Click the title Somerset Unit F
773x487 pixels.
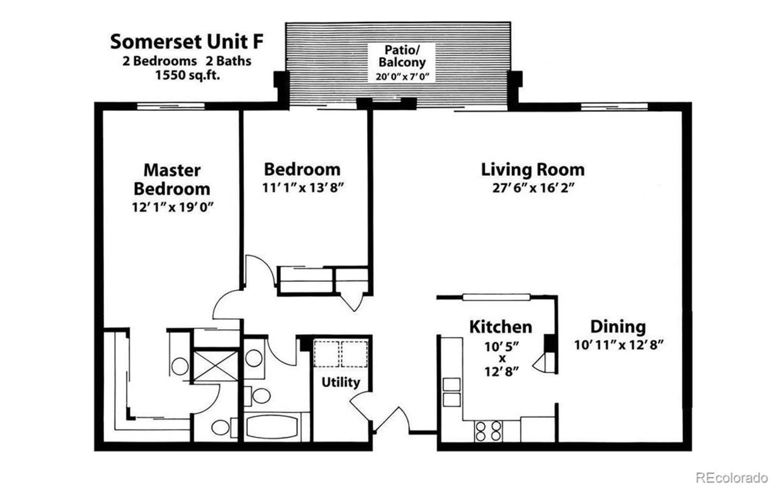coord(187,42)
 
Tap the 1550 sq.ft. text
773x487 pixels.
coord(187,75)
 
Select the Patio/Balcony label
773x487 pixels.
coord(402,56)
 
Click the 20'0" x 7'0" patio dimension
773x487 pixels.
coord(402,77)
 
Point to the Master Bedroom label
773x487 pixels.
coord(172,180)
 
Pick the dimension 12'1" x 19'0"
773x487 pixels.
coord(172,208)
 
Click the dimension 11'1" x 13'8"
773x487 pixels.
coord(303,188)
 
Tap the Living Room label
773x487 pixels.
coord(533,170)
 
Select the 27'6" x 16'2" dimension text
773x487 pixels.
coord(533,188)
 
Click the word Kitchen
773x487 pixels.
coord(501,327)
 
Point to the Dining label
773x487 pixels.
coord(618,327)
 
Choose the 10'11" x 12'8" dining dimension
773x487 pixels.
coord(618,345)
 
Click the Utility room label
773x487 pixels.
coord(341,382)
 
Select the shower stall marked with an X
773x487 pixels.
coord(215,366)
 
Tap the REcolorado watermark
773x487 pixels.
coord(731,477)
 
